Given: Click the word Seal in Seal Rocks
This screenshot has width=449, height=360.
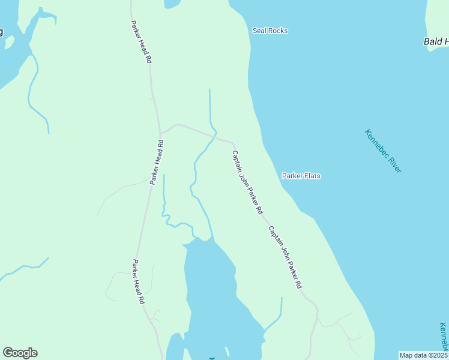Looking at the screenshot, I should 259,31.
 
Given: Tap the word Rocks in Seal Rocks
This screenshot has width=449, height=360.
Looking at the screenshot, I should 278,31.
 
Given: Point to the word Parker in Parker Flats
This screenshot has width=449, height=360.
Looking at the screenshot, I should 293,176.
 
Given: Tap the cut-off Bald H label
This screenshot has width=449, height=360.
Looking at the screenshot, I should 436,41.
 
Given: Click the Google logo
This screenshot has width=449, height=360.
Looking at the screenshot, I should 20,353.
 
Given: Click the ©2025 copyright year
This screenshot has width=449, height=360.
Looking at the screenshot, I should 437,355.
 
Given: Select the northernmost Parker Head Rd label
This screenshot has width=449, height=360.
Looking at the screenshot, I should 140,42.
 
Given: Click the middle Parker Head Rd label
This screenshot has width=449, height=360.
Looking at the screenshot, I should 157,162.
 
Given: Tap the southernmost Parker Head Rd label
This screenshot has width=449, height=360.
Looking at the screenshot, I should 139,281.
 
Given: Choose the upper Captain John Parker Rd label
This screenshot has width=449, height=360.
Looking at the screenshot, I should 247,182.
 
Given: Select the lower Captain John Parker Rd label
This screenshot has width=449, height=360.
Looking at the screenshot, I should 285,257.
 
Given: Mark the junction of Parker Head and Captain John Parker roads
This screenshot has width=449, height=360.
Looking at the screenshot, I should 160,133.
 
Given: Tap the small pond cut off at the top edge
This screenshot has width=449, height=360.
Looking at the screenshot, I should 172,3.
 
